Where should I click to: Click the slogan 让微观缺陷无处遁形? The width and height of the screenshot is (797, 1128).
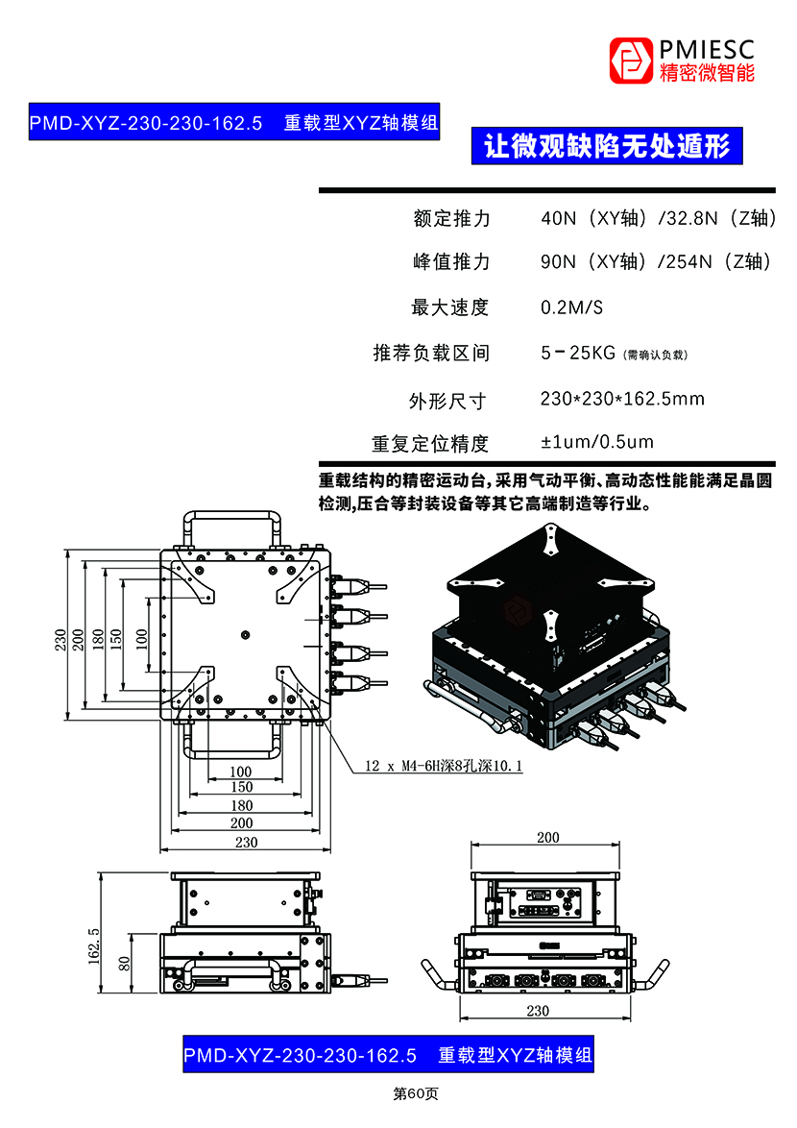coord(607,146)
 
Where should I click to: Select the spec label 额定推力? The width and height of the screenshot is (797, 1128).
coord(451,218)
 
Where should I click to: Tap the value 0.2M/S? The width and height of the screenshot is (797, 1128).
coord(572,307)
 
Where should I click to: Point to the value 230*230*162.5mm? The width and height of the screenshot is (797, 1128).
coord(622,398)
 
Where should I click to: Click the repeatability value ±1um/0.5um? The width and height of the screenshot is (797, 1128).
coord(597,442)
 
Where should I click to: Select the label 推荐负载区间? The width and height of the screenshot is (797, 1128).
coord(431,353)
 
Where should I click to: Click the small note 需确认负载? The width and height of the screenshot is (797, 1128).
coord(657,355)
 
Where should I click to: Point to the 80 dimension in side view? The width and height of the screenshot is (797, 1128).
coord(124,964)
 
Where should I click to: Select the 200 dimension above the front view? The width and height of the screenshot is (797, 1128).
coord(547,838)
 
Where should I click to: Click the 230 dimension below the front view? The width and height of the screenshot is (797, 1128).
coord(539,1010)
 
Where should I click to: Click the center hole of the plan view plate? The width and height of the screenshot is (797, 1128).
coord(246,634)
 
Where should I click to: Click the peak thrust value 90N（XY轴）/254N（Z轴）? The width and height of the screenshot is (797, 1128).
coord(656,261)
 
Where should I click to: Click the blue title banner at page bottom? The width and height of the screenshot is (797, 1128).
coord(387,1054)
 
